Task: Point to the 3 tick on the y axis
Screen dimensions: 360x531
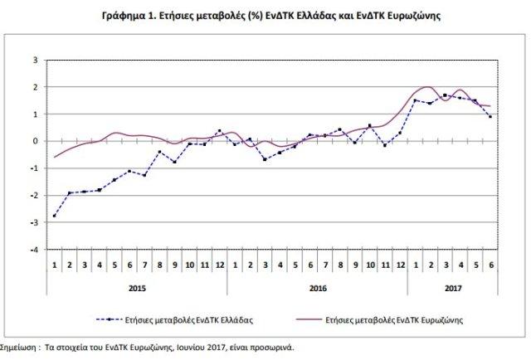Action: pos(35,61)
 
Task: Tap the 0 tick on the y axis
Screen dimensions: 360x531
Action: pos(35,141)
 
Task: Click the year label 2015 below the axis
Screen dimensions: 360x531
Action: pos(136,289)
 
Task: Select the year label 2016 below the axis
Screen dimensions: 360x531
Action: pos(317,289)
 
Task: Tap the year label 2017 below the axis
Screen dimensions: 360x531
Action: pos(452,289)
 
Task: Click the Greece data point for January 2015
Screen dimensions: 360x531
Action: pos(55,216)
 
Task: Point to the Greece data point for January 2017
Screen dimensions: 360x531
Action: pos(415,100)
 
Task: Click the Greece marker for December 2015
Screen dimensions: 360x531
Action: pos(219,131)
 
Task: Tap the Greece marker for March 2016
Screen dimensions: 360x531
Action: pos(264,158)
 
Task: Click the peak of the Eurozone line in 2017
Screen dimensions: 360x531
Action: pos(428,86)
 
